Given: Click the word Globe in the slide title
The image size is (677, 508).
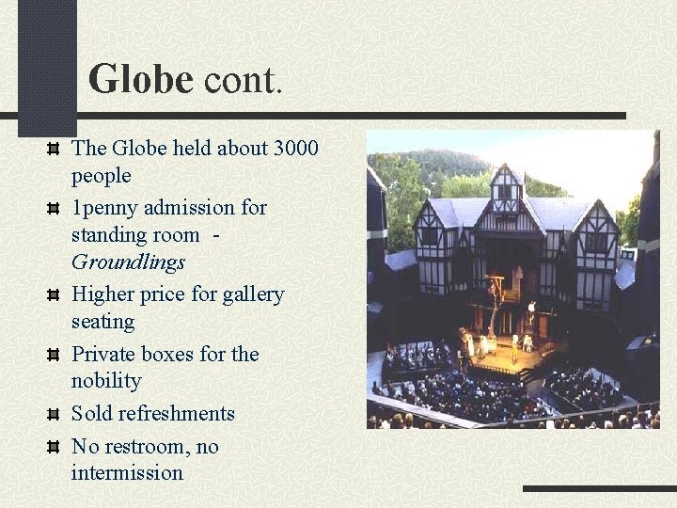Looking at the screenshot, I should click(140, 79).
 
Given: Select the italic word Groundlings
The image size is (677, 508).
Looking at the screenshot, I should click(128, 262).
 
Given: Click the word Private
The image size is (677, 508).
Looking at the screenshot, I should click(103, 354).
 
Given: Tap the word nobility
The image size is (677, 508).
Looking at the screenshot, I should click(106, 381).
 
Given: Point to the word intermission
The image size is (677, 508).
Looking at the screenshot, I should click(127, 472).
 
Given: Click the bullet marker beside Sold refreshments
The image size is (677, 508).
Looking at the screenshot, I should click(55, 415).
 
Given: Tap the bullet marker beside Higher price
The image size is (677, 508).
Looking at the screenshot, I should click(55, 295).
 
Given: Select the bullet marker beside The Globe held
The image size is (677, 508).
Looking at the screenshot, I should click(55, 149).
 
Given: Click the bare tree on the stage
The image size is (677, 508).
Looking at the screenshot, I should click(491, 310).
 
